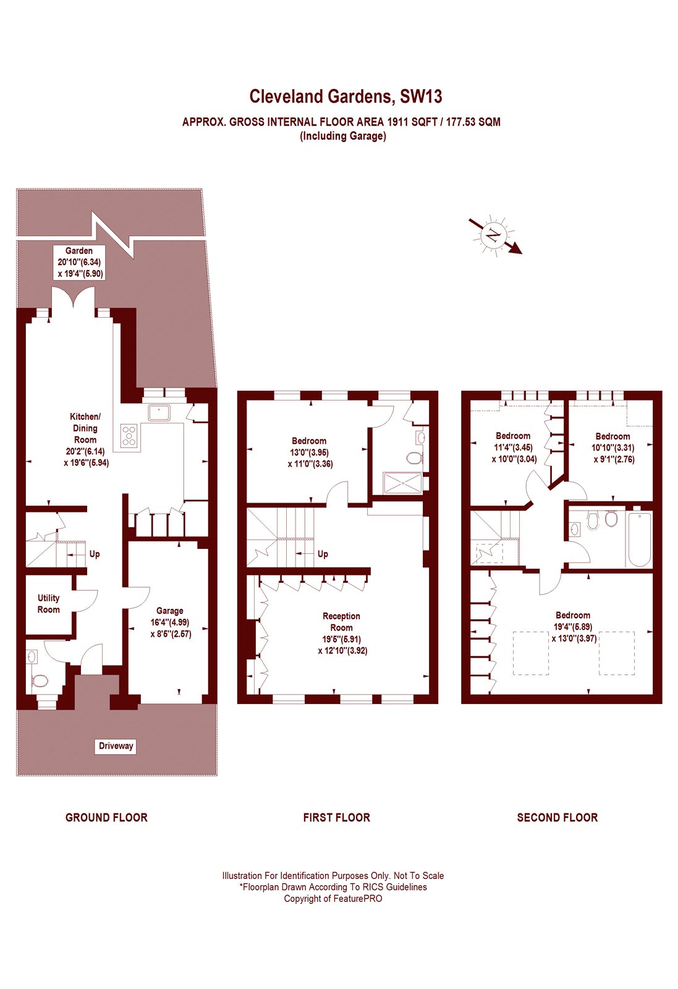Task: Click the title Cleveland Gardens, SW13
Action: click(345, 96)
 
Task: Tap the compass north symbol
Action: click(494, 236)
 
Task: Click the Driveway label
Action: click(116, 746)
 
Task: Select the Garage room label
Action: click(170, 622)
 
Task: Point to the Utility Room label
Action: click(49, 603)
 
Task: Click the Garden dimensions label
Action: click(80, 262)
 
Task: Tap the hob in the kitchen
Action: click(129, 435)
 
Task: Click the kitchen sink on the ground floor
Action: click(159, 412)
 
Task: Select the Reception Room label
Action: click(342, 633)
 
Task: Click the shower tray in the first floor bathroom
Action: click(403, 483)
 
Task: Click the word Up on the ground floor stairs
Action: click(95, 554)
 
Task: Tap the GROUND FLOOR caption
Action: click(106, 818)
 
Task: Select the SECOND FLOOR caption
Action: click(557, 818)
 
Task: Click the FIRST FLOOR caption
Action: click(337, 818)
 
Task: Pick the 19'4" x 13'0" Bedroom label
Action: click(573, 627)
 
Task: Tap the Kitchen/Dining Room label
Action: click(85, 439)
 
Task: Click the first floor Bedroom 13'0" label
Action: click(310, 452)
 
